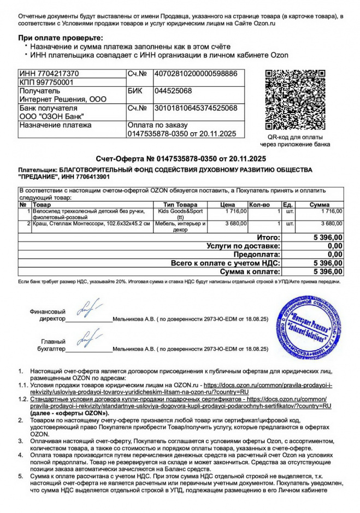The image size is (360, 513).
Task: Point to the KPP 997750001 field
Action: pyautogui.click(x=41, y=82)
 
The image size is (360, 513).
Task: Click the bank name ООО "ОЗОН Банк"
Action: pyautogui.click(x=51, y=116)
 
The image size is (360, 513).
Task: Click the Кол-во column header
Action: pyautogui.click(x=259, y=204)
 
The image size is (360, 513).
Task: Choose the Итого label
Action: pyautogui.click(x=268, y=238)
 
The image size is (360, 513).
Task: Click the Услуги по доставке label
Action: pyautogui.click(x=244, y=246)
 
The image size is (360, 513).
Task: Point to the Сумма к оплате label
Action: pyautogui.click(x=250, y=271)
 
